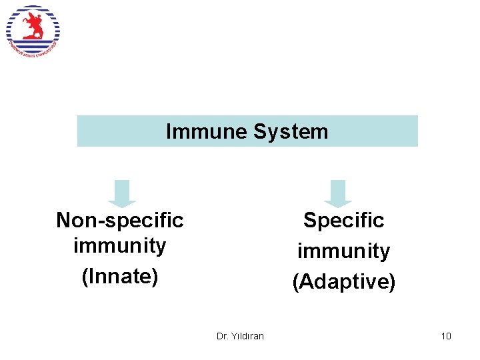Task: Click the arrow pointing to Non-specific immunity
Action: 122,193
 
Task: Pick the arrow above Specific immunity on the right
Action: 338,193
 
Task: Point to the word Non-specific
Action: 120,219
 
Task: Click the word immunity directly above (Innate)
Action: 120,245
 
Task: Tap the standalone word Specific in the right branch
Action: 343,220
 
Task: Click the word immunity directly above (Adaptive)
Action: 343,251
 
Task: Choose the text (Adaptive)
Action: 343,281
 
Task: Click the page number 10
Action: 446,336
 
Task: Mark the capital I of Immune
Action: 168,131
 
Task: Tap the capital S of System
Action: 260,131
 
